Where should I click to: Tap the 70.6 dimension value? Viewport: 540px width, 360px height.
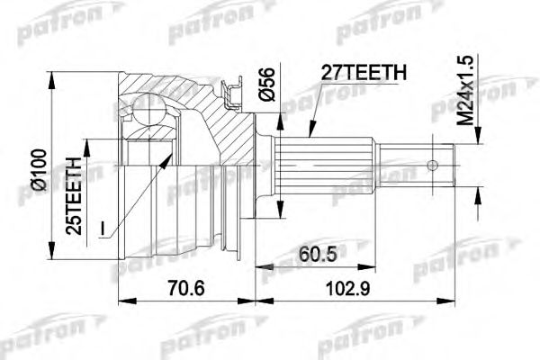click(186, 291)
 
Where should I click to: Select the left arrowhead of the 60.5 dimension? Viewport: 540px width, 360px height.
click(260, 265)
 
